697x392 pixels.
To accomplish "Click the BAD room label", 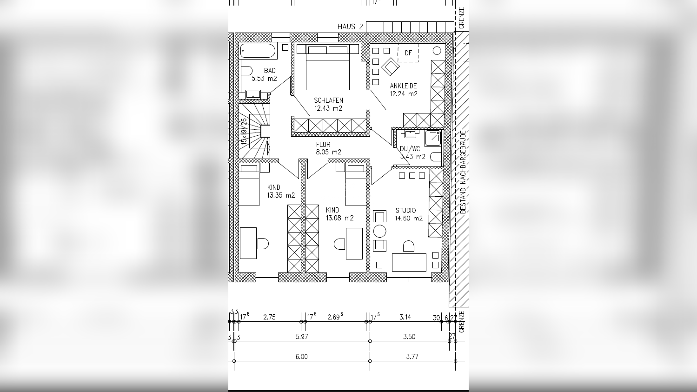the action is coord(270,71).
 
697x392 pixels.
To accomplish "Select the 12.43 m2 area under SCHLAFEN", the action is coord(328,108).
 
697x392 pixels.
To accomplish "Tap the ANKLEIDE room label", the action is coord(403,86).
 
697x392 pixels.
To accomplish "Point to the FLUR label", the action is coord(323,144).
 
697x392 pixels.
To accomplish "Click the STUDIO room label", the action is coord(405,210).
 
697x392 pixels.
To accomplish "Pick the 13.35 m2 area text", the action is coord(281,195).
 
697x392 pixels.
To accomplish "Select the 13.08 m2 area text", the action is coord(340,218).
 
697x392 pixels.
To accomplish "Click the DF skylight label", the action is coord(408,53).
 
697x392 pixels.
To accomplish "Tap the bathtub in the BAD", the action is coord(258,51).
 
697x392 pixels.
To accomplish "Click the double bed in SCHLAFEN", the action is coord(328,67).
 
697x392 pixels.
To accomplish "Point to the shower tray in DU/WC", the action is coord(433,138).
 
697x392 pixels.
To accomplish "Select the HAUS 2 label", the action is coord(350,27).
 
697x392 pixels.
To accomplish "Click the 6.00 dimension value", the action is coord(301,357).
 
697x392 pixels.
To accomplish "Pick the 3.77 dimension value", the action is coord(412,357).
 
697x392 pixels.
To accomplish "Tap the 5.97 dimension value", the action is coord(301,337).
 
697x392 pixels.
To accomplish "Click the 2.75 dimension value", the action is coord(269,317).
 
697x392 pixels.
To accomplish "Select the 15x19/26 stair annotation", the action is coord(244,131).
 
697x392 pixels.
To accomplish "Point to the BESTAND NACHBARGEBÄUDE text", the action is coord(463,172).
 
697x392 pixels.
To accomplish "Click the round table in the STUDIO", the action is coord(379,231).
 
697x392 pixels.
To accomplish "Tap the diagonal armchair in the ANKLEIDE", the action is coord(390,66).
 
